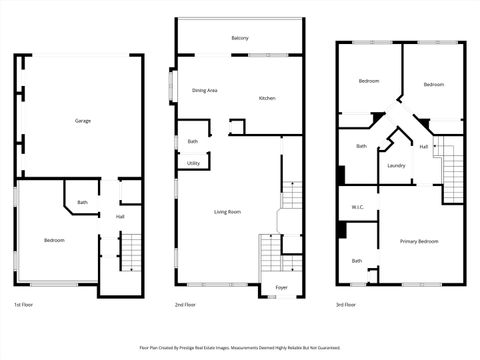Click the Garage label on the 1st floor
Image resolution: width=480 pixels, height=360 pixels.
[x=83, y=121]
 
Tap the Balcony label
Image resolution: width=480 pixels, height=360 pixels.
[x=240, y=38]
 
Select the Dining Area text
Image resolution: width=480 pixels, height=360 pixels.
[x=206, y=91]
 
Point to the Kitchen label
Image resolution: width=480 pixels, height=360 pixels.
[x=267, y=98]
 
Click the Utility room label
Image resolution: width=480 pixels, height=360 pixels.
[x=193, y=163]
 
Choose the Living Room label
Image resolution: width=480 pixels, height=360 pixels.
[x=228, y=212]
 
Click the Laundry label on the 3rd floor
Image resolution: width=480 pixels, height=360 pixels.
[x=396, y=165]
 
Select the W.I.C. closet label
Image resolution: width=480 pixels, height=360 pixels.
[x=357, y=208]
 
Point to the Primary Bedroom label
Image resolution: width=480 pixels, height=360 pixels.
[x=419, y=241]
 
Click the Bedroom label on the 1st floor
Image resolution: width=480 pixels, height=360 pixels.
[x=54, y=240]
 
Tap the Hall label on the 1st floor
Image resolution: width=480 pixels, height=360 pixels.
[x=120, y=216]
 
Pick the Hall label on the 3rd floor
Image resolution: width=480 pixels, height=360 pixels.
[x=424, y=147]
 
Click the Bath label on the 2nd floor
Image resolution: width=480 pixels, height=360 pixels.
[x=192, y=141]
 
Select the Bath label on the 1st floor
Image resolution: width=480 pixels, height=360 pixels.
[x=82, y=203]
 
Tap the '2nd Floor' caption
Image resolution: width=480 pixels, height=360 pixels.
[x=185, y=304]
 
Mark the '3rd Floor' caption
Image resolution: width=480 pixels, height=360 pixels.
[x=347, y=304]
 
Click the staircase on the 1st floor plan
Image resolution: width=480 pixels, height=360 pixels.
[x=132, y=252]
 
